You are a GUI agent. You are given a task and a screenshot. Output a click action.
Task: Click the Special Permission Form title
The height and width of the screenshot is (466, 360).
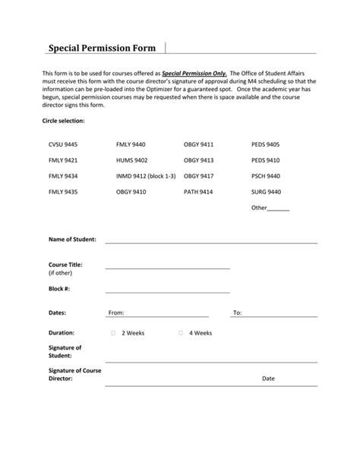pos(102,48)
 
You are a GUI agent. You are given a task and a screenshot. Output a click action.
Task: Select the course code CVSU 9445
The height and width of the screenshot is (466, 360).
pos(63,144)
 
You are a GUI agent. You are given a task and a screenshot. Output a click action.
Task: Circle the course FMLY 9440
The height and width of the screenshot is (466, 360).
pos(131,144)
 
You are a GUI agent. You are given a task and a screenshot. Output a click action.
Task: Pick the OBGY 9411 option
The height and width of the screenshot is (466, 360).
pos(198,144)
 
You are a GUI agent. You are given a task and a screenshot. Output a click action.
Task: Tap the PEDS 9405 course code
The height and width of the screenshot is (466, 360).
pos(266,144)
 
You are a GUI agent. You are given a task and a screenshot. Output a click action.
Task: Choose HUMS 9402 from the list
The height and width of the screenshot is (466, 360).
pos(131,160)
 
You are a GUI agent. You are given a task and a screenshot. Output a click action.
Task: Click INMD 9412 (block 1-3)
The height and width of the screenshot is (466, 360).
pos(146,176)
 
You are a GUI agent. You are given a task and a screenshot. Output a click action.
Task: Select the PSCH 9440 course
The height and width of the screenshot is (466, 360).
pos(266,176)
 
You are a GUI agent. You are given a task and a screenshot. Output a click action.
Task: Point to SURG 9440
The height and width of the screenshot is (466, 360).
pos(266,192)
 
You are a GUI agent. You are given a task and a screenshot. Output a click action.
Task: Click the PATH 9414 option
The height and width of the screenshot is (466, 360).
pos(198,192)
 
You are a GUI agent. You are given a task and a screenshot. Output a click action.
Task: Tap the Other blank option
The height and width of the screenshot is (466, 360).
pos(270,208)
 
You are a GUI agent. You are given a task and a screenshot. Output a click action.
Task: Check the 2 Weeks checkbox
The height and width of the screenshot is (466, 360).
pos(113,333)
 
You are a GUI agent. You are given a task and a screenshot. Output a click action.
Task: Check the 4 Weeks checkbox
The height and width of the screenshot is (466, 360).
pos(181,333)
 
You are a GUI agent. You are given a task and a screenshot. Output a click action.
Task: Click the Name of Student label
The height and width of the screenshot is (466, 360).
pos(72,239)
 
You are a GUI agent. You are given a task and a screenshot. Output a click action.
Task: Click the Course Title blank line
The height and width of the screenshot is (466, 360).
pos(167,267)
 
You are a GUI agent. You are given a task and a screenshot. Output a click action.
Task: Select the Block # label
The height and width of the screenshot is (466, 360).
pos(59,289)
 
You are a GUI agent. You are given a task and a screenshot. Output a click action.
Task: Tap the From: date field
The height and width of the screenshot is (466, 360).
pos(163,312)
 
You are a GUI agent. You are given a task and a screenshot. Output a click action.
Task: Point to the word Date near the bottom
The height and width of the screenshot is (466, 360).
pos(268,378)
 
